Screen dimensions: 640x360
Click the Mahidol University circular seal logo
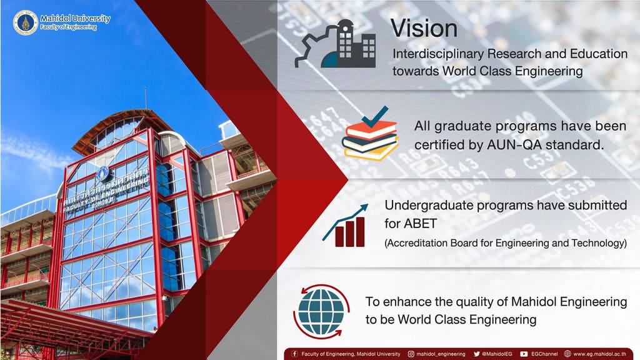(25, 22)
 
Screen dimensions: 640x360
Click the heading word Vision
(424, 28)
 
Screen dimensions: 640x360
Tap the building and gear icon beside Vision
(335, 44)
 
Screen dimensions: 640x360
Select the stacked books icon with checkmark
(370, 134)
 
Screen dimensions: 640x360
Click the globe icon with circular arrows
(322, 311)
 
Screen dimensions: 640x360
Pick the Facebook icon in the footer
(294, 354)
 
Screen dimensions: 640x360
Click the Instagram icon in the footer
(411, 354)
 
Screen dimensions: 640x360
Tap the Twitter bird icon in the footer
(476, 354)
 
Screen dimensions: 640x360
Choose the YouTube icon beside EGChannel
(524, 354)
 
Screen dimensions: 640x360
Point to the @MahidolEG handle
(497, 354)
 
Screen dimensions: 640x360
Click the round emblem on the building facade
(105, 174)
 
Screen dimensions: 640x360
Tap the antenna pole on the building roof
(145, 98)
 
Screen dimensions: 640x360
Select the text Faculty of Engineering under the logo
(68, 27)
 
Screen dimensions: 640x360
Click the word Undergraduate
(429, 205)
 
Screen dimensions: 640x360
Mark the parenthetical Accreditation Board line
(505, 243)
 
